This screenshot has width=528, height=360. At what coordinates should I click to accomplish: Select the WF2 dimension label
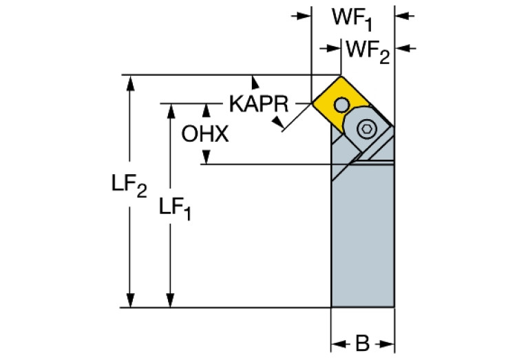coord(368,50)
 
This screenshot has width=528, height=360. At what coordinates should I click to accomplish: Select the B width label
coord(362,342)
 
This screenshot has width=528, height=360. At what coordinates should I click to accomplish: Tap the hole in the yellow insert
coord(342,104)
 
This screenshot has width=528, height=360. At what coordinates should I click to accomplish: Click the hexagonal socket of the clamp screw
coord(368,128)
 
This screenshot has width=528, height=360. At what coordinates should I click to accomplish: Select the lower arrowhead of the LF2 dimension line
coord(129,301)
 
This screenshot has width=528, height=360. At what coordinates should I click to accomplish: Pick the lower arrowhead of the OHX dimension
coord(205,158)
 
